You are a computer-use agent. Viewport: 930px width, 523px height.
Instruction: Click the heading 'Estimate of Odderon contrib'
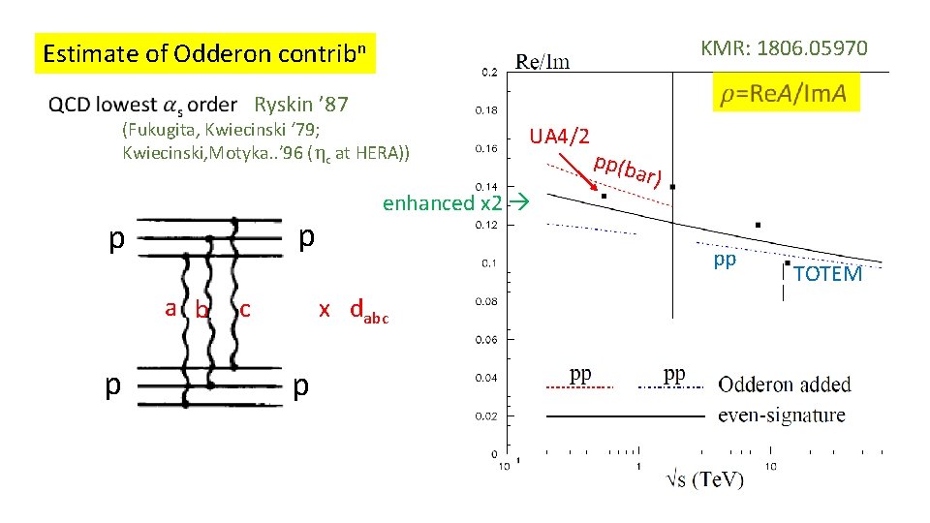(x=205, y=54)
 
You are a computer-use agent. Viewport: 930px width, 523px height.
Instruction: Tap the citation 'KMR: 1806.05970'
(x=784, y=47)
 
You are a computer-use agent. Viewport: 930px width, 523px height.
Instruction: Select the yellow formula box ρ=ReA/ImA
(x=784, y=93)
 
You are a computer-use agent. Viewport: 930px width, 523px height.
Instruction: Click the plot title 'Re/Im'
(x=542, y=62)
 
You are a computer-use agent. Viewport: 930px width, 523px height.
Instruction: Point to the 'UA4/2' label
(x=559, y=137)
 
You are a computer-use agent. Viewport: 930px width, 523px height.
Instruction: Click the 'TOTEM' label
(x=827, y=274)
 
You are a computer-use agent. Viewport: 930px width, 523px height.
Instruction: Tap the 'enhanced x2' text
(x=442, y=203)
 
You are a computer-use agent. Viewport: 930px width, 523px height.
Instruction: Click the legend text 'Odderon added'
(x=784, y=385)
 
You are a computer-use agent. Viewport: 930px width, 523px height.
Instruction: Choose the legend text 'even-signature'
(x=781, y=415)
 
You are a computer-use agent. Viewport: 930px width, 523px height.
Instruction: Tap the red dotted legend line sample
(x=579, y=387)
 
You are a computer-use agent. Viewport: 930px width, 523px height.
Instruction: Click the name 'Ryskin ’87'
(x=300, y=105)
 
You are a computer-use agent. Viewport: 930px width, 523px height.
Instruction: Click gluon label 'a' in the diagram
(x=170, y=308)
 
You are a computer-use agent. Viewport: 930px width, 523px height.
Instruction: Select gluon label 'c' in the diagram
(x=245, y=309)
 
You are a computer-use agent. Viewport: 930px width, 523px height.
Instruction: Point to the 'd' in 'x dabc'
(x=357, y=309)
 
